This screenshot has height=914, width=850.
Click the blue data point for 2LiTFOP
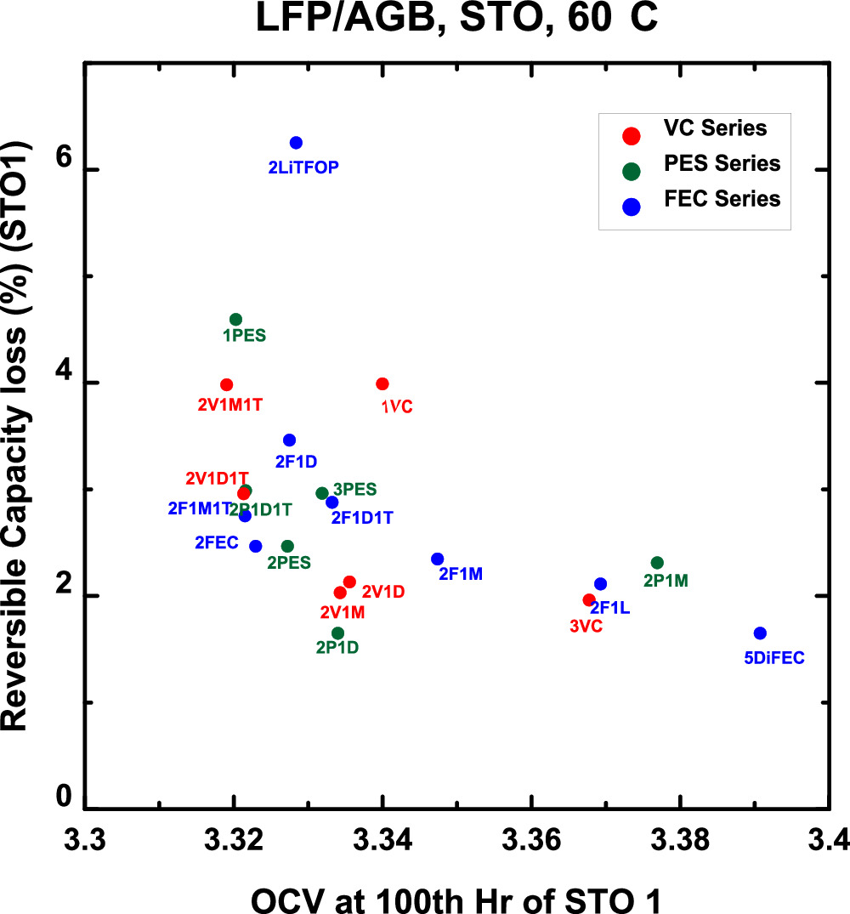coord(296,143)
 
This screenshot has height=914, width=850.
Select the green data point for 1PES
coord(236,320)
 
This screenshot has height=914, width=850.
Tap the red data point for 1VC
coord(382,384)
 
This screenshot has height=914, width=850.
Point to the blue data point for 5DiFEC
coord(760,633)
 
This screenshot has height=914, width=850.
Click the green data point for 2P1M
coord(657,563)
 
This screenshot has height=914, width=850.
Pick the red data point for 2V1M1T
coord(226,385)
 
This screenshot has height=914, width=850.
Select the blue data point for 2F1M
coord(438,559)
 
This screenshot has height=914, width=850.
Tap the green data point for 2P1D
coord(337,633)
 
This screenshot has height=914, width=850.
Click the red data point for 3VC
coord(588,600)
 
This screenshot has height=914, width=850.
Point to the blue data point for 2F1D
coord(289,440)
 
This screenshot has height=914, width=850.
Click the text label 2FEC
coord(217,542)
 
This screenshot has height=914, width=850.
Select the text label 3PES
coord(355,490)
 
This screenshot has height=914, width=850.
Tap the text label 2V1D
coord(383,591)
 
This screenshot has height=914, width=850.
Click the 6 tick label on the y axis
coord(63,170)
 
